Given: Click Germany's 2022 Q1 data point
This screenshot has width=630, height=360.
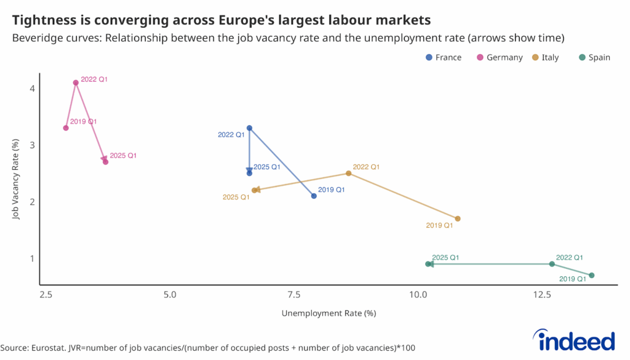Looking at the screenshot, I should coord(76,82).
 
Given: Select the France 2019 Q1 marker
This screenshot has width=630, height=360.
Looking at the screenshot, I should coord(314,196).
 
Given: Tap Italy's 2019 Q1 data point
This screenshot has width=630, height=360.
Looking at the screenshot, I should coord(458,218).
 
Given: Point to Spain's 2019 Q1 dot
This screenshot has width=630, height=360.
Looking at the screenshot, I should coord(591,275).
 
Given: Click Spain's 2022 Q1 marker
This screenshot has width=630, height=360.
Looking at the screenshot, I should coord(552,264).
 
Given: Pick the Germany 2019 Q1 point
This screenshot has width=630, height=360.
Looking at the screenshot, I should coord(66,128).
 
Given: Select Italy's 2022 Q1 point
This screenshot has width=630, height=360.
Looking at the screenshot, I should coord(349,173).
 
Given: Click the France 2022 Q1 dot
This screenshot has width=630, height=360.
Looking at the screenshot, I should coord(249,128).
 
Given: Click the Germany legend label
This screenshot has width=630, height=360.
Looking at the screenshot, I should coord(504,57).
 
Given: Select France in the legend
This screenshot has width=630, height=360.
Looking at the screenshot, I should coord(448,57).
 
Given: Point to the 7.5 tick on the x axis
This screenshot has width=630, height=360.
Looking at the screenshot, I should coord(294,294).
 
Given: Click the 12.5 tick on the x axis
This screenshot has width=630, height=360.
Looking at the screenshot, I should coord(543,294).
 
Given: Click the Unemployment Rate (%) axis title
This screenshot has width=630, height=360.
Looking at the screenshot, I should coord(329,313).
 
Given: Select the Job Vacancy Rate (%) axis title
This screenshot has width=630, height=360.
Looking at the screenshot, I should coord(17,178).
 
